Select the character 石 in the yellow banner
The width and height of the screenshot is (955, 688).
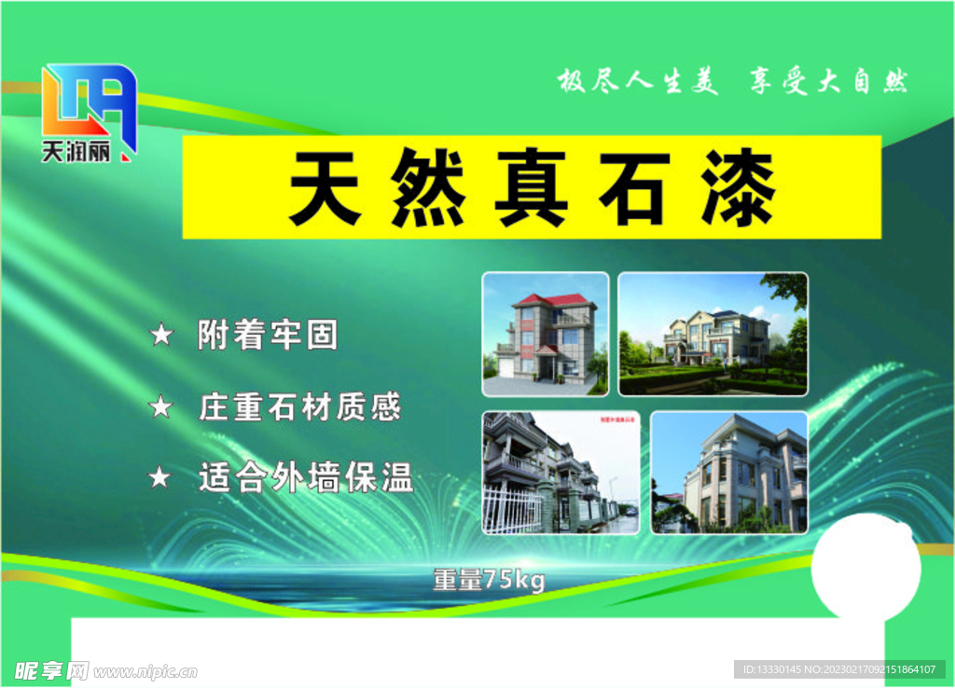(633, 189)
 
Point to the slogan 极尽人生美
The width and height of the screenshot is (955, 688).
(639, 82)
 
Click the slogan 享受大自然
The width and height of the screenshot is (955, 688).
(828, 82)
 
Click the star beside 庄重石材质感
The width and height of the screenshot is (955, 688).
(161, 406)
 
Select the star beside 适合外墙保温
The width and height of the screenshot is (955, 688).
(161, 478)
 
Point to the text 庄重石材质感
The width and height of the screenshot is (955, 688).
(299, 406)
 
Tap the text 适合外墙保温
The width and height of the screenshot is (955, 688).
(306, 478)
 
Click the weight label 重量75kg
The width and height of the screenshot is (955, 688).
(489, 580)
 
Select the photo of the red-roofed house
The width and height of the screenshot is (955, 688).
(546, 334)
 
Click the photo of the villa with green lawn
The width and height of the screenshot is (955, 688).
(713, 334)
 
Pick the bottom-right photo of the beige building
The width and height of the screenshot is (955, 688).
(729, 472)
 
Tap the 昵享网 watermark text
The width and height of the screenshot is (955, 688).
(52, 670)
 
